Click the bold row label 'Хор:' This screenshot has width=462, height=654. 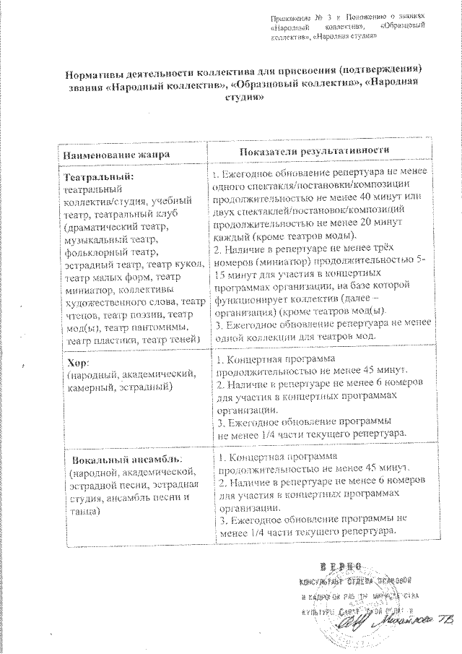click(77, 362)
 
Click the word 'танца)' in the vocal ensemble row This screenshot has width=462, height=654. click(85, 511)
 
